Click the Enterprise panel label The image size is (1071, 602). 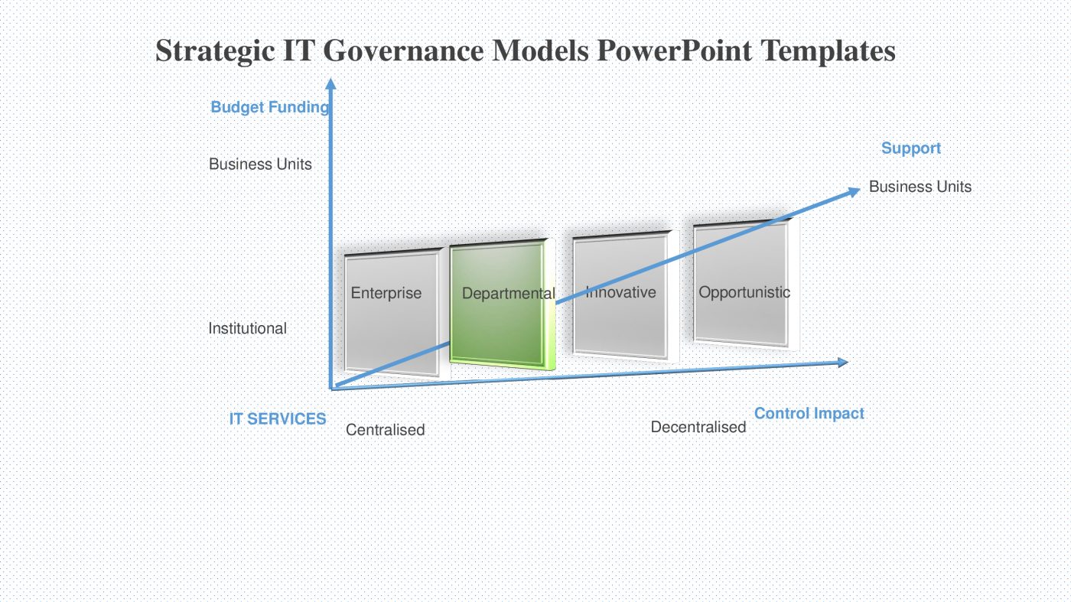pos(386,293)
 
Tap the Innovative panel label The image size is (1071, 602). pos(620,292)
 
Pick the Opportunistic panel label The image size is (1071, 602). pos(744,292)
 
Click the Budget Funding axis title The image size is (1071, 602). pos(269,107)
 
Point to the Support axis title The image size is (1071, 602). pos(910,148)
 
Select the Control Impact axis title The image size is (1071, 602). pos(809,413)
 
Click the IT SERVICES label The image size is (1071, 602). pos(277,419)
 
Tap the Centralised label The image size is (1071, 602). pos(385,430)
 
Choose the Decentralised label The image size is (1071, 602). pos(698,427)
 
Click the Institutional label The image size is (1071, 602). pos(247,328)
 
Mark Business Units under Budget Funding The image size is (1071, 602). pos(260,164)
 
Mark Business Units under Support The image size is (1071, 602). pos(920,187)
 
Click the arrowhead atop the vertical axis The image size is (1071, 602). pos(330,84)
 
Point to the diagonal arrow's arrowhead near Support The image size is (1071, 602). pos(853,191)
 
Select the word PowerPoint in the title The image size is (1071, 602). pos(674,51)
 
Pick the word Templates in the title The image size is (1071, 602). pos(828,51)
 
